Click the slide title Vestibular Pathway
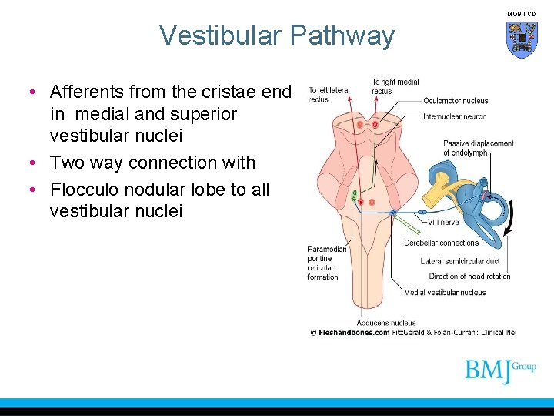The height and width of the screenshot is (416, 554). point(276,35)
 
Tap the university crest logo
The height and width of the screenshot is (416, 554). point(521,39)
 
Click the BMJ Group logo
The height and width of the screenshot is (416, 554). point(499,371)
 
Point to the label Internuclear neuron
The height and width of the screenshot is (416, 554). point(455,117)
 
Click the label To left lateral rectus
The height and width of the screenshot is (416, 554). point(329,95)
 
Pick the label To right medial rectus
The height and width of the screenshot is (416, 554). point(395,86)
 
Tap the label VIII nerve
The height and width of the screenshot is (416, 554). point(443,222)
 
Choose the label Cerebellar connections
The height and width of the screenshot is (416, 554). point(441,243)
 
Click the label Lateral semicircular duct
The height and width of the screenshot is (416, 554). point(459,261)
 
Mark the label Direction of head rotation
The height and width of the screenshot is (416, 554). point(469,276)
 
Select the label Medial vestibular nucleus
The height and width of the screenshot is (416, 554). point(445,292)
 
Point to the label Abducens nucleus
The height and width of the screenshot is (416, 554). point(385,323)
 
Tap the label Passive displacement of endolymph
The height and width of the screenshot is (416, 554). point(478,147)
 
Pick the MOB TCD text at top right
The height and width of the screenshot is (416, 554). point(522,13)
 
